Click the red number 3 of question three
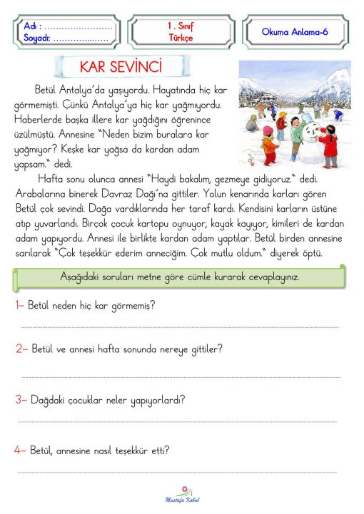[x=20, y=400]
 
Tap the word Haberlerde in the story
[x=39, y=117]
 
